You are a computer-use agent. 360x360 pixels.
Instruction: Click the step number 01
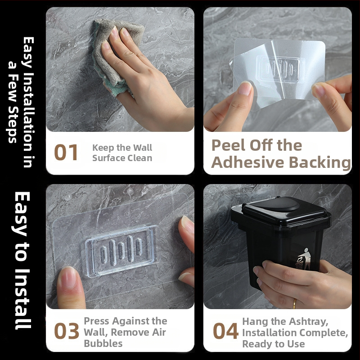click(66, 152)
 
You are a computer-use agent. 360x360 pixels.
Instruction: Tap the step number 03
click(67, 331)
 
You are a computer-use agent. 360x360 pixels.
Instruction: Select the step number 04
click(225, 331)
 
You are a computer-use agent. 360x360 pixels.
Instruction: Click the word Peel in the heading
click(229, 145)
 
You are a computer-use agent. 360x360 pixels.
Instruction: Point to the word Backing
click(319, 162)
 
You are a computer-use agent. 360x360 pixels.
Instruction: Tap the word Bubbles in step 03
click(103, 343)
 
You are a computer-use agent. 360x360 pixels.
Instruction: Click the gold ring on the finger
click(295, 303)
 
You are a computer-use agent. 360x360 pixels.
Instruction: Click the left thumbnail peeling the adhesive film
click(245, 88)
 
